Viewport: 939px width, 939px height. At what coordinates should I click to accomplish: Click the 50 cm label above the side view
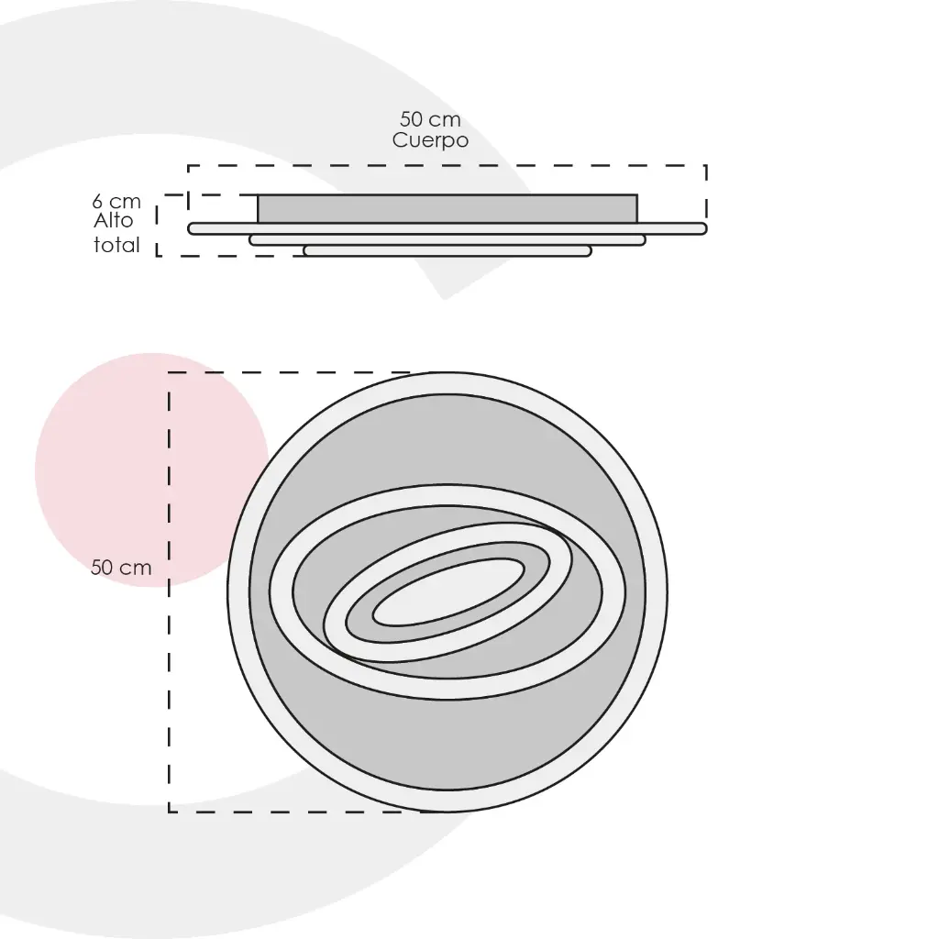[x=430, y=119]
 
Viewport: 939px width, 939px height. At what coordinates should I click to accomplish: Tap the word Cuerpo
[x=430, y=140]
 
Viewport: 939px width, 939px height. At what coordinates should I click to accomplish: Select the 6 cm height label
[x=116, y=201]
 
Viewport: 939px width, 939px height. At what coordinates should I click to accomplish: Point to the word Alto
[x=114, y=221]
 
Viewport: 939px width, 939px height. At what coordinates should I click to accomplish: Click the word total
[x=116, y=245]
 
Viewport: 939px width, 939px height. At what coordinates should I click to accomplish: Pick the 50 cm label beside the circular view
[x=121, y=568]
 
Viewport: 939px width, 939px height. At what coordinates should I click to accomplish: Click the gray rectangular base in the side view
[x=447, y=208]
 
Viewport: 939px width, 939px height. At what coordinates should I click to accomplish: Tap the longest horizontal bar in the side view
[x=447, y=228]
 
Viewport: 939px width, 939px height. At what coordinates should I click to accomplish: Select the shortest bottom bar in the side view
[x=447, y=250]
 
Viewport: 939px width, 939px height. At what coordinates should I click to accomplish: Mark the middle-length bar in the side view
[x=447, y=239]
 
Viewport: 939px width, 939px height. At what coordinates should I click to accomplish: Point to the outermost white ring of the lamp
[x=447, y=383]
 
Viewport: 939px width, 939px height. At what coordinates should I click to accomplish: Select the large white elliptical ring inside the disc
[x=447, y=495]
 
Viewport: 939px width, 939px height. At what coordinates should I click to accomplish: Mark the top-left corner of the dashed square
[x=170, y=373]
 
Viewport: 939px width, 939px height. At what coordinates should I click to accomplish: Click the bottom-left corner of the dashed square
[x=170, y=812]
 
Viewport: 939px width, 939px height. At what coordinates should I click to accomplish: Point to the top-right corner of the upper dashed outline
[x=705, y=166]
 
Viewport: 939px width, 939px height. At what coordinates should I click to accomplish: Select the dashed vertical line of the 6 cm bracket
[x=157, y=229]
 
